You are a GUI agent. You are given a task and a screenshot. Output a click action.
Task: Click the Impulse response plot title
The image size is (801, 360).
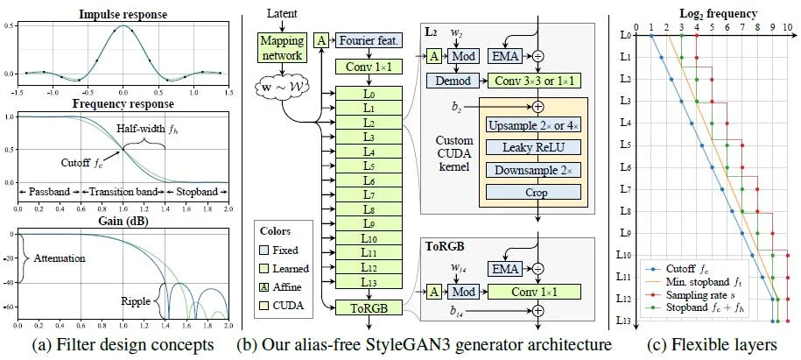tap(123, 15)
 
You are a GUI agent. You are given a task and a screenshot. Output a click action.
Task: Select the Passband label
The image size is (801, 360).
tap(49, 189)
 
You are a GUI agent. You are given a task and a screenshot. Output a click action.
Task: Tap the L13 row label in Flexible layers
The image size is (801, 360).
tap(625, 321)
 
